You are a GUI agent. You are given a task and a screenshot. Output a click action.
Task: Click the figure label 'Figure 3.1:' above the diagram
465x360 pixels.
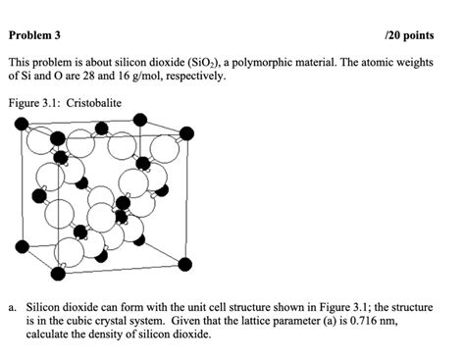click(32, 101)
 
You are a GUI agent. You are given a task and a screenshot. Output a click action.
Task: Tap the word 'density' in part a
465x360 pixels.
click(105, 334)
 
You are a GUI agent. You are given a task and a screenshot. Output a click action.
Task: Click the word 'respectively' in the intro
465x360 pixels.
click(192, 75)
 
